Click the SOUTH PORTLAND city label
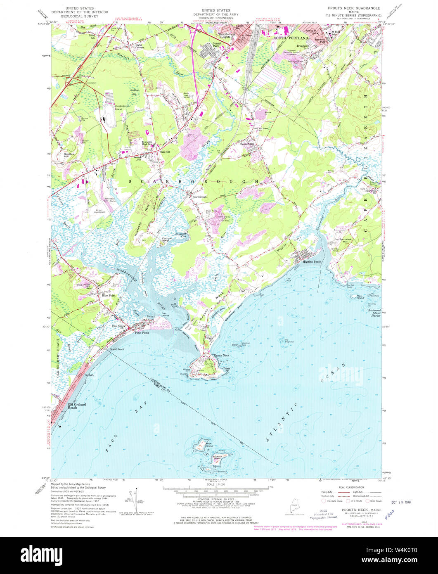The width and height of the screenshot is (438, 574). click(x=288, y=38)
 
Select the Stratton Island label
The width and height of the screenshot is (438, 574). click(x=218, y=458)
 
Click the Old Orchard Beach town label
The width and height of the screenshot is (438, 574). click(x=77, y=406)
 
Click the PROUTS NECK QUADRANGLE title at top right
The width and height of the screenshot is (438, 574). click(x=353, y=8)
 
